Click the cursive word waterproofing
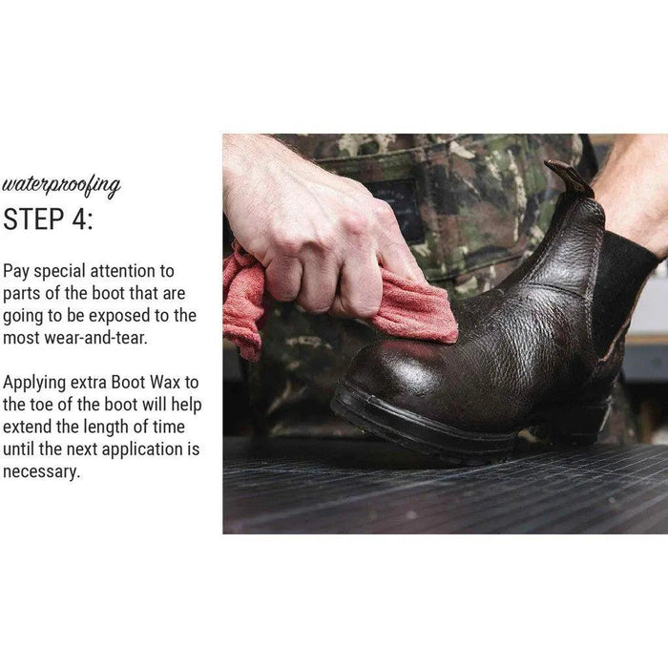tap(61, 186)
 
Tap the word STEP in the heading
tap(33, 219)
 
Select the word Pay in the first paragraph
tap(16, 271)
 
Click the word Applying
tap(34, 383)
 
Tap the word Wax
tap(166, 382)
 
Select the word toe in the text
tap(41, 405)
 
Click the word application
tap(142, 449)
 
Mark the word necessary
tap(41, 472)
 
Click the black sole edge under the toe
tap(409, 422)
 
